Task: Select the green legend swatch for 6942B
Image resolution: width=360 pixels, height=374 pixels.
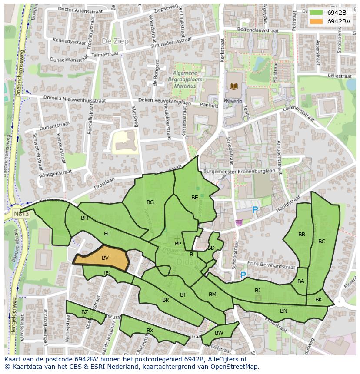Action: point(316,13)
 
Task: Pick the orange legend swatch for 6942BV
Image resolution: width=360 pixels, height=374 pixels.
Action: point(316,21)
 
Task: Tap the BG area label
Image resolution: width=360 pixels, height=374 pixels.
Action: point(150,202)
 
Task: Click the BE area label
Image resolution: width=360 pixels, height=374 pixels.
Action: point(194,198)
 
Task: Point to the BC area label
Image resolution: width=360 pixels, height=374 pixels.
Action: point(322,242)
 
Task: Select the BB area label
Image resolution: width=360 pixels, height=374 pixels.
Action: point(302,235)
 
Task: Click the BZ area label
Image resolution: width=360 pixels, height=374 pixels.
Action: point(85,312)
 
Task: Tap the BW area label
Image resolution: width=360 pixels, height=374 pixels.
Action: point(219,333)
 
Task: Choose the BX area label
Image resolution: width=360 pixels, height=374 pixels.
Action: point(150,331)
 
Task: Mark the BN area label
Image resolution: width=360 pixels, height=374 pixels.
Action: point(283,311)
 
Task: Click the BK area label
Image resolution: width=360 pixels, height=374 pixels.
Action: point(319,300)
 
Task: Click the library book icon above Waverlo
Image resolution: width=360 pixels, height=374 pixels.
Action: point(234,86)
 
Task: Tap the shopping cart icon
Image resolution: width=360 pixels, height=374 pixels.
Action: point(239,222)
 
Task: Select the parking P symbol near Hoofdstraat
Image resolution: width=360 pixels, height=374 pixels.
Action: point(255,210)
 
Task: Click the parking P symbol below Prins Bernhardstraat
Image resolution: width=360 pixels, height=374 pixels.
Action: point(243,275)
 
